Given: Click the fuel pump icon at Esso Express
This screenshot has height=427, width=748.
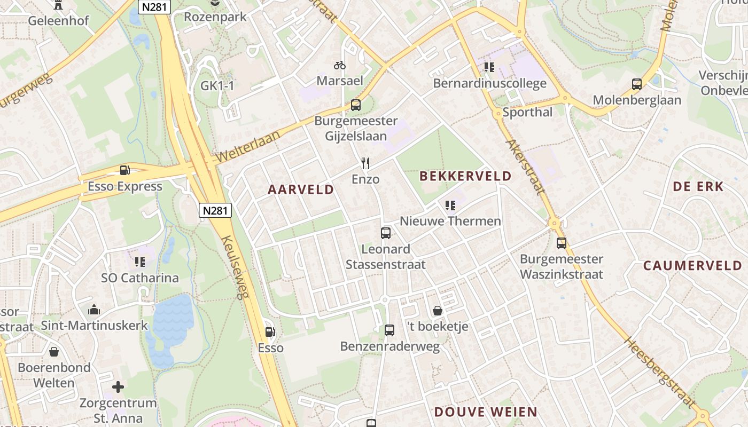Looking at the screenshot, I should point(124,170).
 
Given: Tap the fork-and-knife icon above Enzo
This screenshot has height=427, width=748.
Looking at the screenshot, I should point(365,163).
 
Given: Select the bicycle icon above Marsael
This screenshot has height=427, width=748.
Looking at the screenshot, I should point(340,65).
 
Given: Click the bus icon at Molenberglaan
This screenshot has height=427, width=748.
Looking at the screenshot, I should point(637,84).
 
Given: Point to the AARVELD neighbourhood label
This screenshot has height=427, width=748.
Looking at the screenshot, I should point(301,189).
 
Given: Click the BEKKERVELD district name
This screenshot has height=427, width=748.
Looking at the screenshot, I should point(465,176).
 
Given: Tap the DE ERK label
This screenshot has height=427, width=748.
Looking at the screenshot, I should point(698,186).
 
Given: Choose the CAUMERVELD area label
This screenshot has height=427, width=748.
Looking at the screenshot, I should point(692,265).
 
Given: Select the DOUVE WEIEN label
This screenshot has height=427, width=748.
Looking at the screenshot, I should point(485,412).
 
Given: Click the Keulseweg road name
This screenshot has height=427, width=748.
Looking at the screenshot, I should point(236,267).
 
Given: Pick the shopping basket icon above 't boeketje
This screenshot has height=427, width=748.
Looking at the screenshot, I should point(438,311).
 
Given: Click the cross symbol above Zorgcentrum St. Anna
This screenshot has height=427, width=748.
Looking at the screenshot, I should point(118,386).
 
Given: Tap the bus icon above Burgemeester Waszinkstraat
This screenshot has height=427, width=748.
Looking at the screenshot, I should point(562,243).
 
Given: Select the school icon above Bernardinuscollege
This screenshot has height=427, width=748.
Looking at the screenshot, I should point(489,67).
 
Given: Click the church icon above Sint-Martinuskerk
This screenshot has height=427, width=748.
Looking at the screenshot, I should point(94,310).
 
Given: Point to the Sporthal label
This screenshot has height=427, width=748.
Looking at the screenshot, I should point(527,112).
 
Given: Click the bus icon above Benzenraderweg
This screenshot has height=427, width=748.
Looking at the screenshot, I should point(389,330).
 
